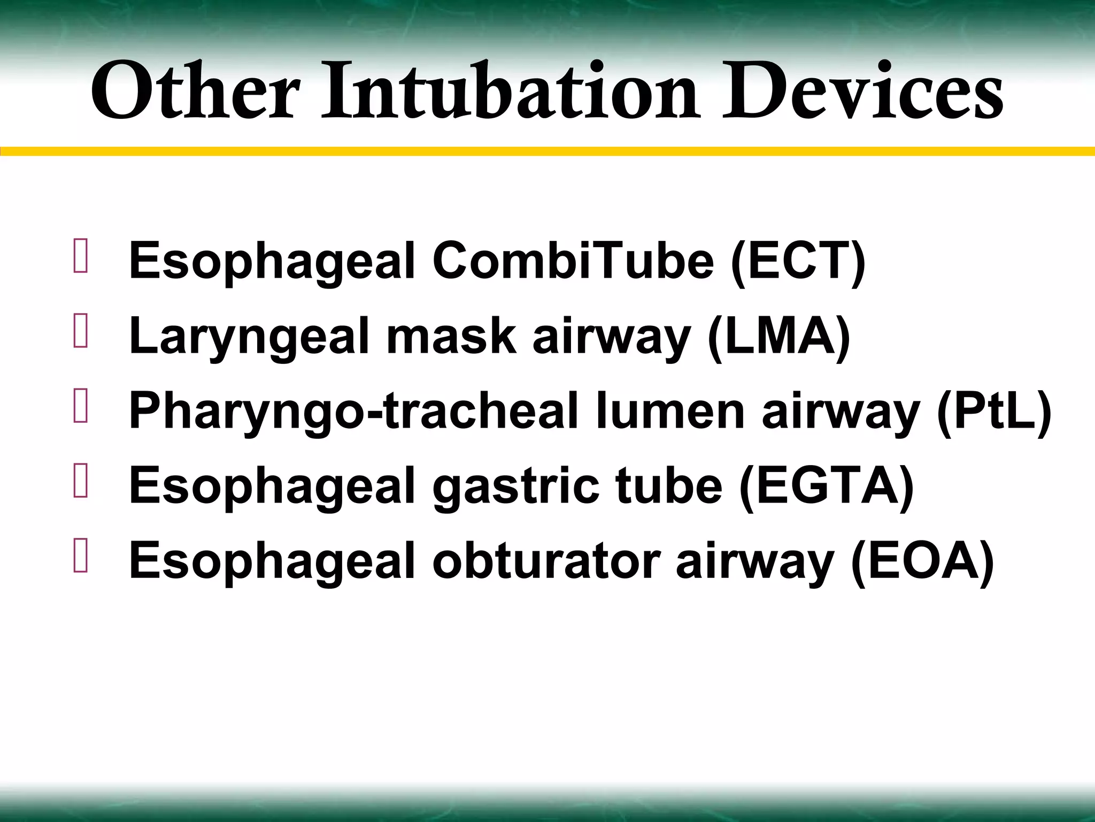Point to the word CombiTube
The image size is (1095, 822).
[x=573, y=262]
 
